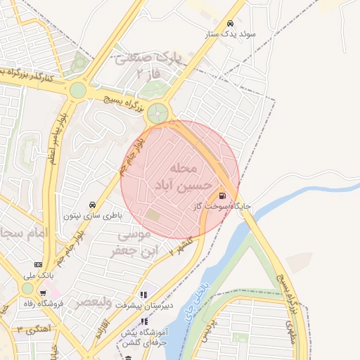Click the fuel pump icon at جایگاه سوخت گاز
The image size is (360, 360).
click(x=222, y=196)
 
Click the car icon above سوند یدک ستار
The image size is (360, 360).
click(x=231, y=22)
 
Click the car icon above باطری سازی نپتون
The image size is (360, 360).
click(x=91, y=205)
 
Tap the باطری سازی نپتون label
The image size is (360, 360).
click(x=94, y=215)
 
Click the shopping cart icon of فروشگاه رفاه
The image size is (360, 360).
click(x=43, y=293)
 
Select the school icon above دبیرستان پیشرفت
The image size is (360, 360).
click(x=144, y=295)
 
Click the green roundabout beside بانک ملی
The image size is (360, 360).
click(x=27, y=288)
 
